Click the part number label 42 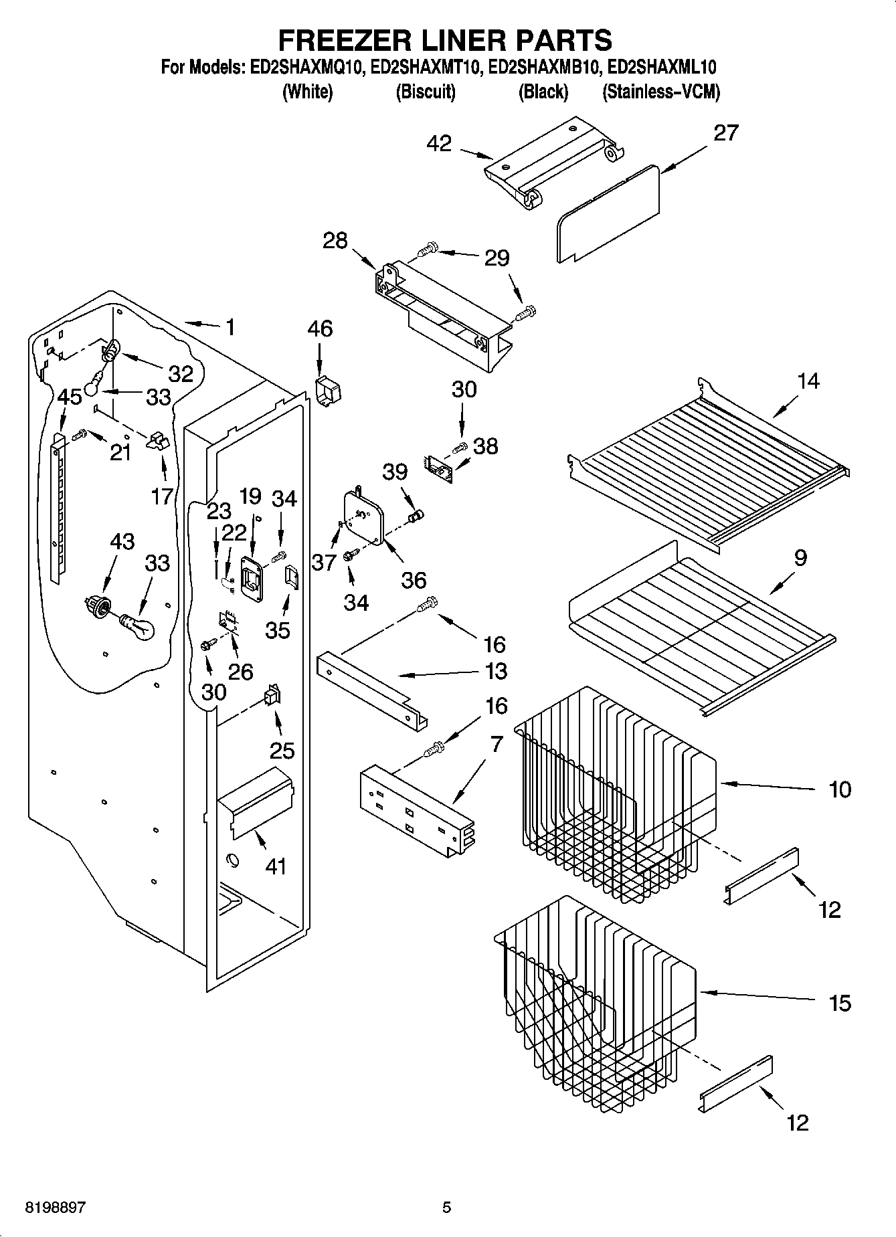439,143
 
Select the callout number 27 725,132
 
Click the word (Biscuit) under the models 426,92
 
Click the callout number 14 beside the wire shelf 808,381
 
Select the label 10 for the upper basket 840,789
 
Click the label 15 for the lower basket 840,1003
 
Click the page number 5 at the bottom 446,1208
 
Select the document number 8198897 55,1208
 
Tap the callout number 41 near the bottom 276,866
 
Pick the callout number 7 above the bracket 496,745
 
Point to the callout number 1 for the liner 230,327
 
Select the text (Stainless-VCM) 660,92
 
